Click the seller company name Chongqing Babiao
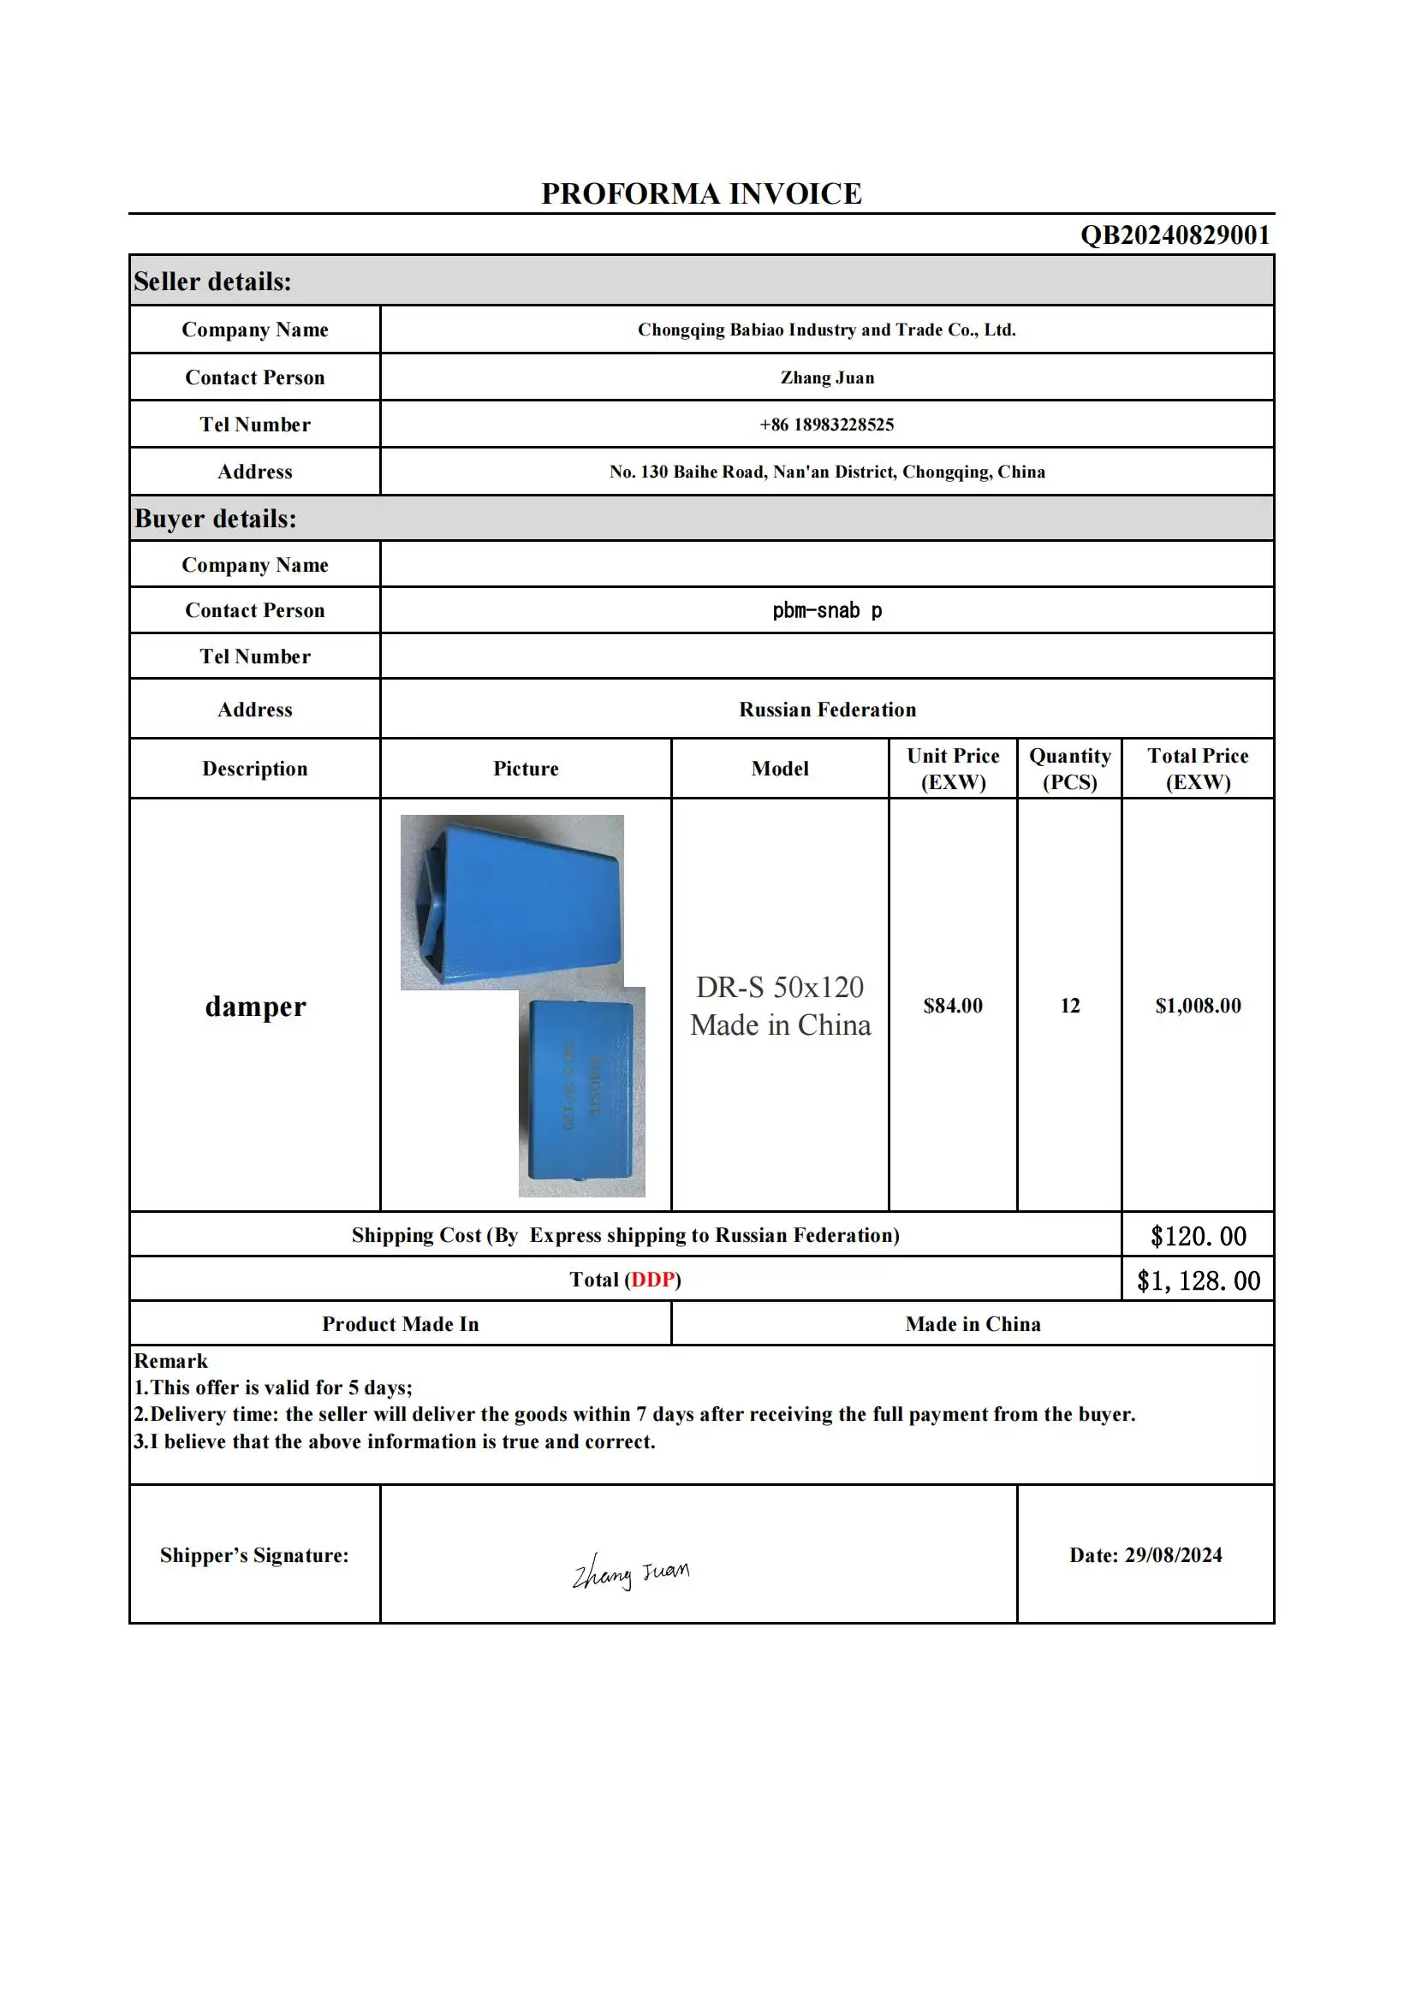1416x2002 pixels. point(827,330)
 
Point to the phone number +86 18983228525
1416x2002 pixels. point(827,425)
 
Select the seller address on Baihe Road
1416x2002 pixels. point(827,472)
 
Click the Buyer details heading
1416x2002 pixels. point(215,519)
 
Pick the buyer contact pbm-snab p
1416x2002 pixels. point(827,610)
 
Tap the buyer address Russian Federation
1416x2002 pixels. point(827,710)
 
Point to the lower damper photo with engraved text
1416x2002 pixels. point(581,1095)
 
